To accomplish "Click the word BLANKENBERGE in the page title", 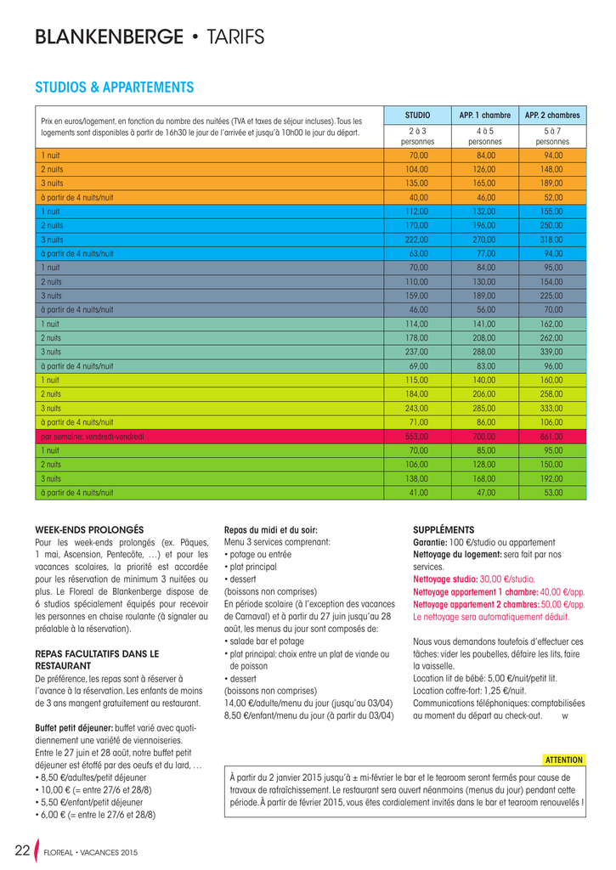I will (x=109, y=37).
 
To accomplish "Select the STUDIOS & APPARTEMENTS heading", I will (x=114, y=88).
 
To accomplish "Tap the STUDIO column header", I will (x=417, y=115).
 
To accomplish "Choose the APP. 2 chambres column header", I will (x=552, y=115).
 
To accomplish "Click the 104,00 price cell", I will (x=418, y=170).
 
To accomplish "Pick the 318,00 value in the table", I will (x=552, y=240).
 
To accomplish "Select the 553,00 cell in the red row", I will (x=418, y=436).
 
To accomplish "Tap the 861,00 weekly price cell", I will (x=552, y=436).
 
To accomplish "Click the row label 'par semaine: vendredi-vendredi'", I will (x=93, y=436).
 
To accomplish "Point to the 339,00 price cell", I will (x=552, y=352).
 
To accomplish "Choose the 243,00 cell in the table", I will (x=418, y=408).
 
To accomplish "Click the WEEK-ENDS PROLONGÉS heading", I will (x=89, y=529).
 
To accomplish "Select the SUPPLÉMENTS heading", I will (x=444, y=529).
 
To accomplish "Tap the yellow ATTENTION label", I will (x=563, y=760).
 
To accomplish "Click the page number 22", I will (x=23, y=850).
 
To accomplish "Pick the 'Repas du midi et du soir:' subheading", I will (x=270, y=529).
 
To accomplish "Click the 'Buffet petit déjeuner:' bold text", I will (x=74, y=728).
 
